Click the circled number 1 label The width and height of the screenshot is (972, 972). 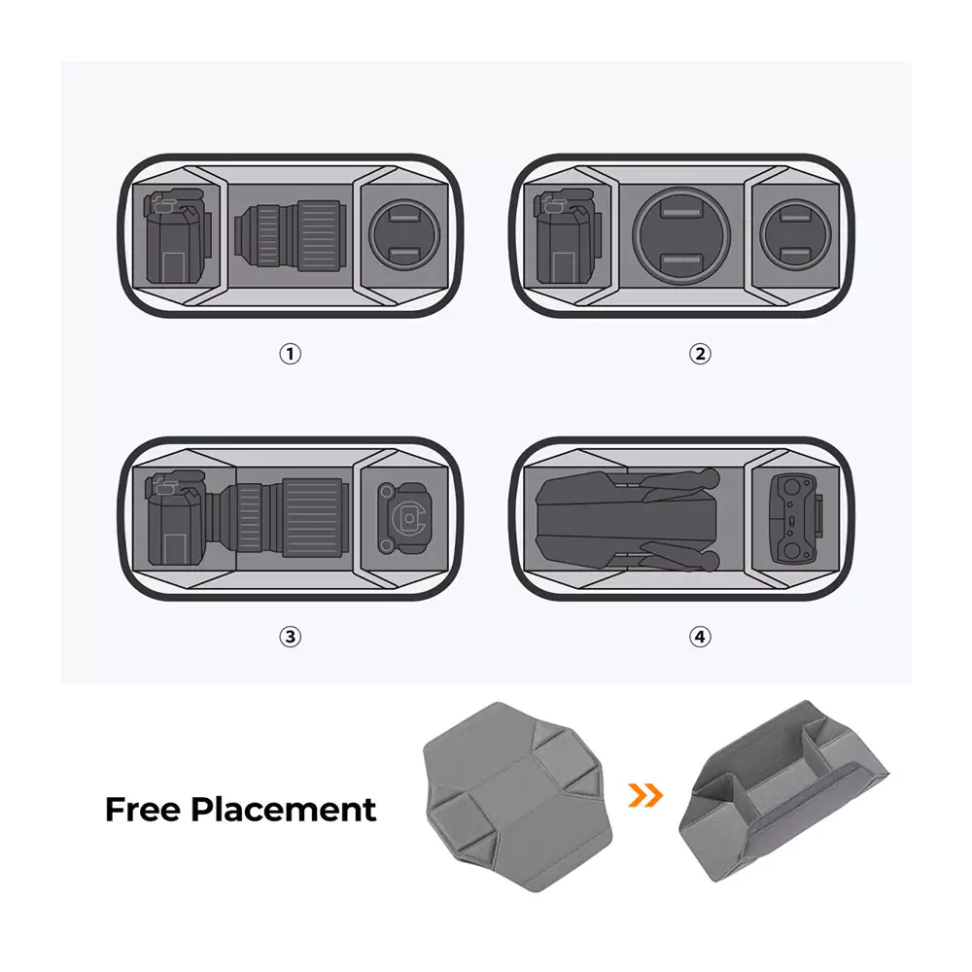click(290, 354)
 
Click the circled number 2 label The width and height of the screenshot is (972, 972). click(700, 354)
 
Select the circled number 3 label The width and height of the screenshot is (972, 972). click(290, 637)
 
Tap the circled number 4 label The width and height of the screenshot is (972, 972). click(700, 637)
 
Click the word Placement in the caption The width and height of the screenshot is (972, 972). click(283, 809)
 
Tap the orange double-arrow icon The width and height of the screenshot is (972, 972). click(645, 795)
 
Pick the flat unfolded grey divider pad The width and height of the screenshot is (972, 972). click(518, 797)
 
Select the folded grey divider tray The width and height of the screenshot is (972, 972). click(783, 790)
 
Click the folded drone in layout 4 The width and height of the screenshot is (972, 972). click(627, 518)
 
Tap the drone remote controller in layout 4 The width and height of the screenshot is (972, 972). click(796, 519)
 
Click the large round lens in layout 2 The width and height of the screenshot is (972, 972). click(681, 236)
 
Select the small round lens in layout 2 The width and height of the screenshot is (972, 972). click(795, 235)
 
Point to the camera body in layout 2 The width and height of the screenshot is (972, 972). click(565, 237)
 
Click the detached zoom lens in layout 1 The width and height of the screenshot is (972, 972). click(289, 235)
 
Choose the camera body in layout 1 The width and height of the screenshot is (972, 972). click(177, 236)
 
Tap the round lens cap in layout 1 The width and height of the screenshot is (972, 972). click(404, 235)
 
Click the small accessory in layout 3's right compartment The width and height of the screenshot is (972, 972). click(403, 518)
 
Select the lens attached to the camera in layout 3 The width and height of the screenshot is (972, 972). click(278, 518)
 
